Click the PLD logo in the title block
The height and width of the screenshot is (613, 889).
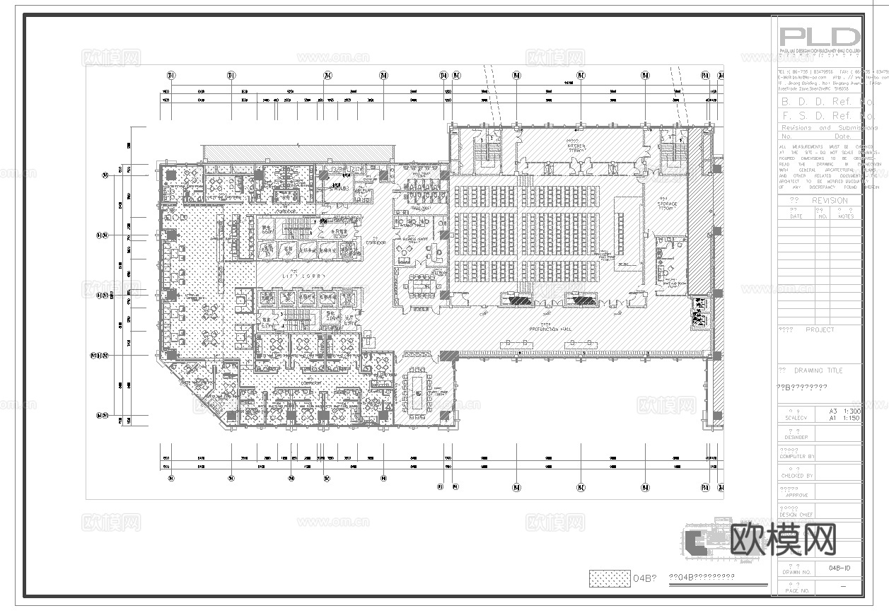tap(819, 36)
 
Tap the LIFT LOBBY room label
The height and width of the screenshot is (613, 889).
tap(296, 274)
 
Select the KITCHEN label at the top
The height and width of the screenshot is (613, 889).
tap(576, 146)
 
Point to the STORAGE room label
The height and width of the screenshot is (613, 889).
tap(668, 205)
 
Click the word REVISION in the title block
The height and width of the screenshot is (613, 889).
tap(829, 201)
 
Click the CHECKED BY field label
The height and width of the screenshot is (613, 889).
tap(796, 476)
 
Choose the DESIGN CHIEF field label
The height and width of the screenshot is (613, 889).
tap(796, 515)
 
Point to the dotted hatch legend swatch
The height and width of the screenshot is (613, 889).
tap(609, 578)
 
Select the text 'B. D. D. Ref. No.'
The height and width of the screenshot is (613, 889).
tap(826, 102)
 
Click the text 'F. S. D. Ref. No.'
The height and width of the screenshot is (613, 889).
tap(826, 115)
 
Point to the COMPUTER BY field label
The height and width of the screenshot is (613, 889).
tap(796, 457)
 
